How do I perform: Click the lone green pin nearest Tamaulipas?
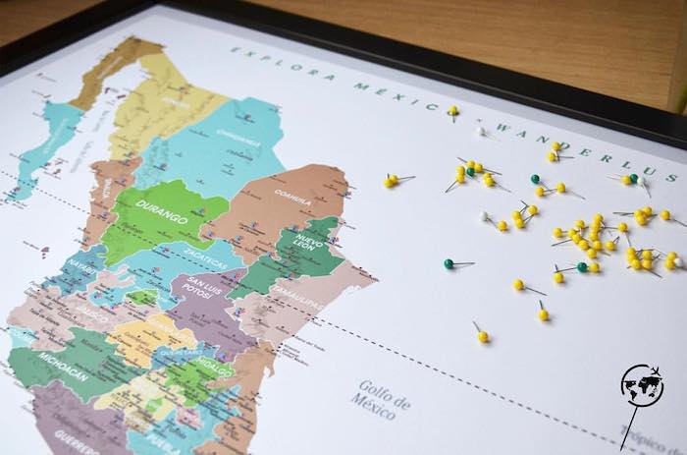[449, 263]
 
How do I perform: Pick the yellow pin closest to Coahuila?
[390, 181]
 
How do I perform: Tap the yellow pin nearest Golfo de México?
[482, 336]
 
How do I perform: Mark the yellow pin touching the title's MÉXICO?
[452, 110]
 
